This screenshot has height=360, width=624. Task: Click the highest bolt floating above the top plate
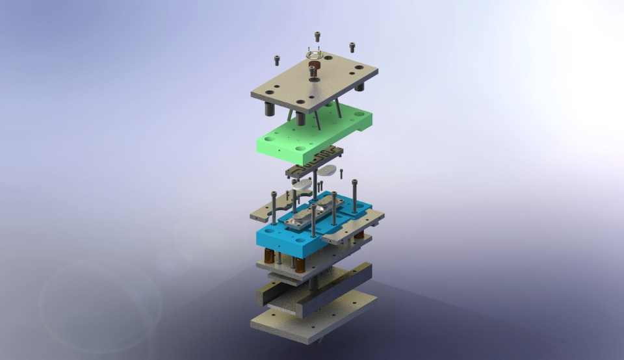(x=317, y=36)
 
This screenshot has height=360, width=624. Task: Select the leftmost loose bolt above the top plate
(x=278, y=60)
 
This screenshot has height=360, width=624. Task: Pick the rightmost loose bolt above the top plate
(x=352, y=47)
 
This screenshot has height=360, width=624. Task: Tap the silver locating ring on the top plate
(x=315, y=56)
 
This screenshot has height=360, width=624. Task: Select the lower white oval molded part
(x=302, y=185)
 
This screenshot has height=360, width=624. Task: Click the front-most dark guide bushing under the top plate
(x=301, y=119)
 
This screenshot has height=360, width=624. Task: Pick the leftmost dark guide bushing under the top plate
(x=268, y=109)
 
